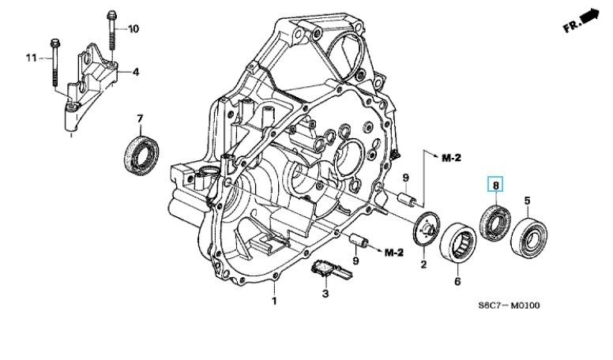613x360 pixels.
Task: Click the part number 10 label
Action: tap(134, 29)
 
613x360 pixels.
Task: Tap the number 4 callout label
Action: tap(136, 72)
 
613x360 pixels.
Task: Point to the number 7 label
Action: tap(140, 119)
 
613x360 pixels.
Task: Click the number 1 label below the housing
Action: tap(276, 301)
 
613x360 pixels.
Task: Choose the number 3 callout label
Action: tap(324, 294)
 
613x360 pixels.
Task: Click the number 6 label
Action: tap(457, 280)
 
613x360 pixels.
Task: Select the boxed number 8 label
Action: tap(496, 186)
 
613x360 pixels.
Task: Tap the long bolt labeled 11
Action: tap(55, 63)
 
